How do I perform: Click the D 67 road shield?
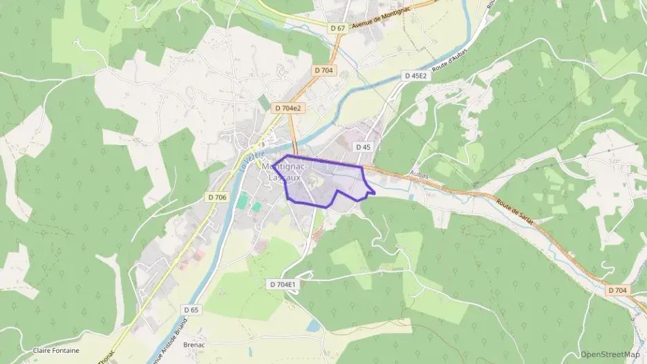(337, 28)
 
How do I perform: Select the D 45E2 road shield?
(416, 75)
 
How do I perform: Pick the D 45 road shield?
(364, 147)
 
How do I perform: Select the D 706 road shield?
(216, 198)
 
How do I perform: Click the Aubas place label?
(420, 176)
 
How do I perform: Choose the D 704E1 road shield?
(282, 284)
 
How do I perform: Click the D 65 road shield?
(191, 310)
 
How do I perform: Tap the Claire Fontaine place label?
(56, 350)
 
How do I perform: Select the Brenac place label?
(196, 343)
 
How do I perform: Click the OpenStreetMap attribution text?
(610, 354)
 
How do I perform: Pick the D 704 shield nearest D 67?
(323, 70)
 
